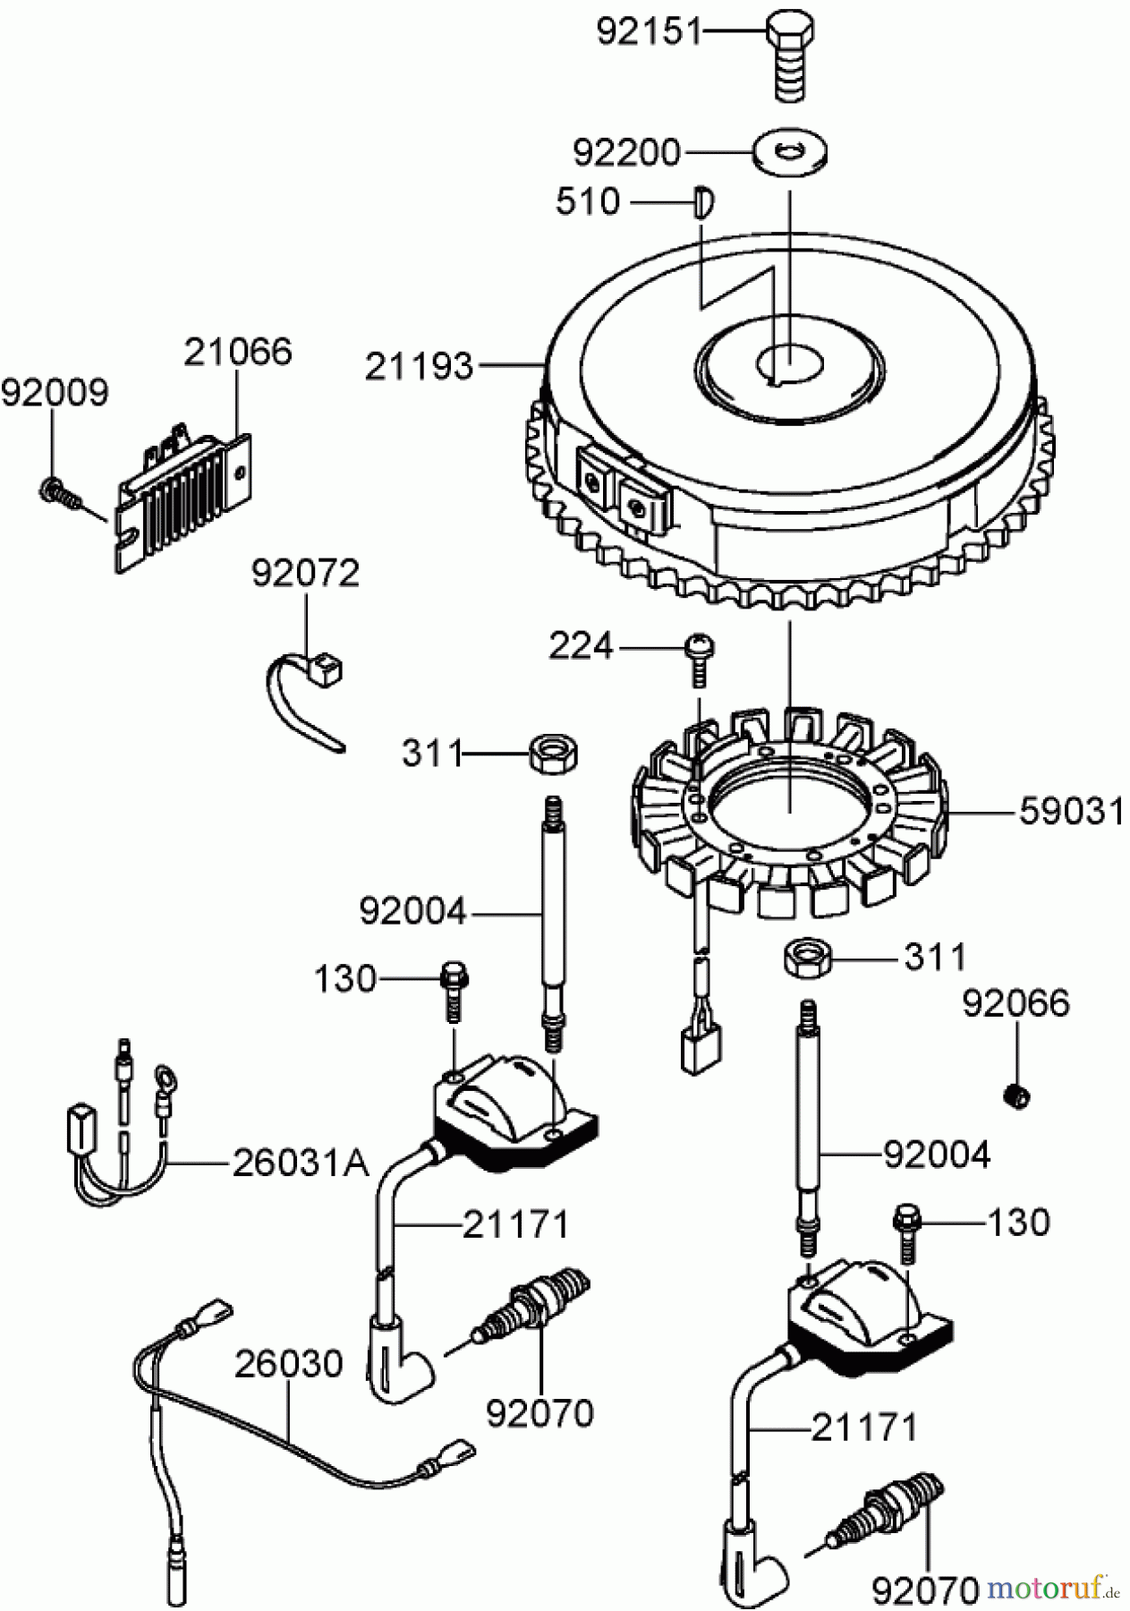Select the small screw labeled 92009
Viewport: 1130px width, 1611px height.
(x=55, y=489)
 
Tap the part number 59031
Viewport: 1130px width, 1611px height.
(x=1070, y=812)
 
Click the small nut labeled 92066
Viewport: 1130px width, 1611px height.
(x=1015, y=1094)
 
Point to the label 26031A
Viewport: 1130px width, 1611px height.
(x=301, y=1163)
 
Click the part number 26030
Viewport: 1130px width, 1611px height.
(x=288, y=1365)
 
